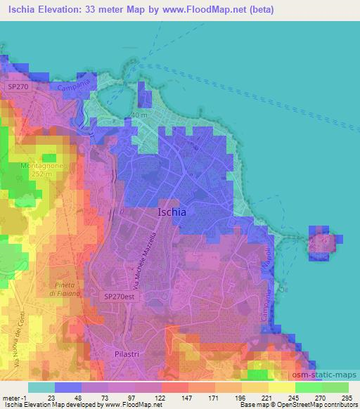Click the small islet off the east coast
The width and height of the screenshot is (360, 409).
tap(323, 242)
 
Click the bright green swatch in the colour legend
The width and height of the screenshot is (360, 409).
tap(308, 387)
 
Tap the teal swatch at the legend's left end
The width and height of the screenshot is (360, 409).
tap(41, 387)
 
